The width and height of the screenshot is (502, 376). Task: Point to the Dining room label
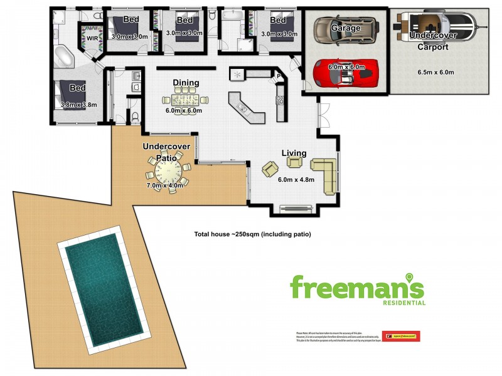186,83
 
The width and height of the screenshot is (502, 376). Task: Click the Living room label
294,153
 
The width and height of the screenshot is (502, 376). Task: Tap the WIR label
92,38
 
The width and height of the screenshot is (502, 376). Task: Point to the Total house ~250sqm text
252,234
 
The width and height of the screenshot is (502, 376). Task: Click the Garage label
346,28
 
